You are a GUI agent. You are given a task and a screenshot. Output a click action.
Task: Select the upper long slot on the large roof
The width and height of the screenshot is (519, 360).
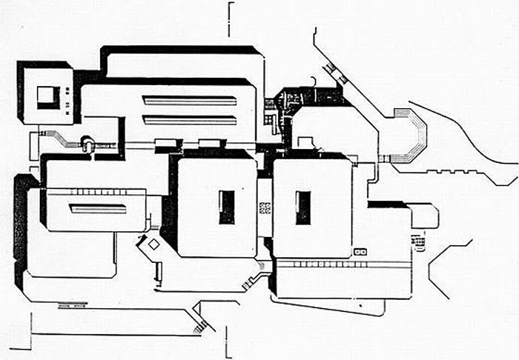coord(190,101)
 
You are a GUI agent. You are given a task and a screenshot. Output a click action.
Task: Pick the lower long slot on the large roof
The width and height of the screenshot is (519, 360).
coord(190,119)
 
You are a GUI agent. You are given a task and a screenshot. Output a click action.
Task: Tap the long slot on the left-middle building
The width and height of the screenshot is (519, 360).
coord(98,208)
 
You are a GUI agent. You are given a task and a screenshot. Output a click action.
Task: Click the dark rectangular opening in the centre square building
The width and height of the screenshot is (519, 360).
coord(226,207)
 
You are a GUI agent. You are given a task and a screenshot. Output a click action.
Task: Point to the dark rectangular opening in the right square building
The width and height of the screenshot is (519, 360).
coord(303,207)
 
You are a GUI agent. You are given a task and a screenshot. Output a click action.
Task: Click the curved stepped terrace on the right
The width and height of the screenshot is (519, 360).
coord(410,136)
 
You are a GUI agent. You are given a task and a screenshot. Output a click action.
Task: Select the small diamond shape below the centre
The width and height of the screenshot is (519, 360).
coord(153,244)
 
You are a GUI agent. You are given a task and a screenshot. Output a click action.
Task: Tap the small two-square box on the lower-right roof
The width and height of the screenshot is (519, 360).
coord(361,253)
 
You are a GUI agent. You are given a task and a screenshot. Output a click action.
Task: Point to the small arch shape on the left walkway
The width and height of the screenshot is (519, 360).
coord(88,142)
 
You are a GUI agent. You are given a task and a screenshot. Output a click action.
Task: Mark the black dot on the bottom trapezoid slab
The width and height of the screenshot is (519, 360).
coord(360,304)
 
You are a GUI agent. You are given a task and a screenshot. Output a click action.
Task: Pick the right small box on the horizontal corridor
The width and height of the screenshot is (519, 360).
coord(210,144)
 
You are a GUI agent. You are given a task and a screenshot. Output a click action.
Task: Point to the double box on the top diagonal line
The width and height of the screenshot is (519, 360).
coord(330,69)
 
